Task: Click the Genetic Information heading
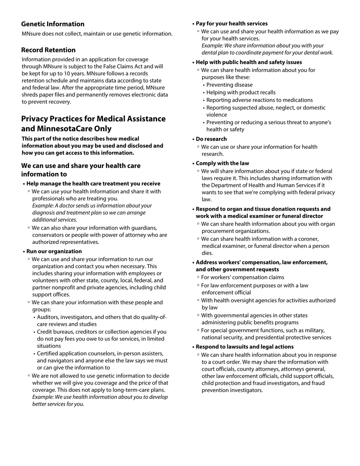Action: [53, 24]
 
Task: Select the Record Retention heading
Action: [48, 50]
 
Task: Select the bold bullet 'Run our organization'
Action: [54, 251]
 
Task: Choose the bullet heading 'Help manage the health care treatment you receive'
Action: [93, 183]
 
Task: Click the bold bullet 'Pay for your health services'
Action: [232, 23]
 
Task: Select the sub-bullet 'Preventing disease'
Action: [229, 85]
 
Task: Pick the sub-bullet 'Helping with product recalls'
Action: [241, 92]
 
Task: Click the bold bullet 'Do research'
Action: [211, 139]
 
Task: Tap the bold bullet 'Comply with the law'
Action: [222, 163]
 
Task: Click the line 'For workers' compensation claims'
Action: [243, 277]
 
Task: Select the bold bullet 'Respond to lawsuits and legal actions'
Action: [244, 347]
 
